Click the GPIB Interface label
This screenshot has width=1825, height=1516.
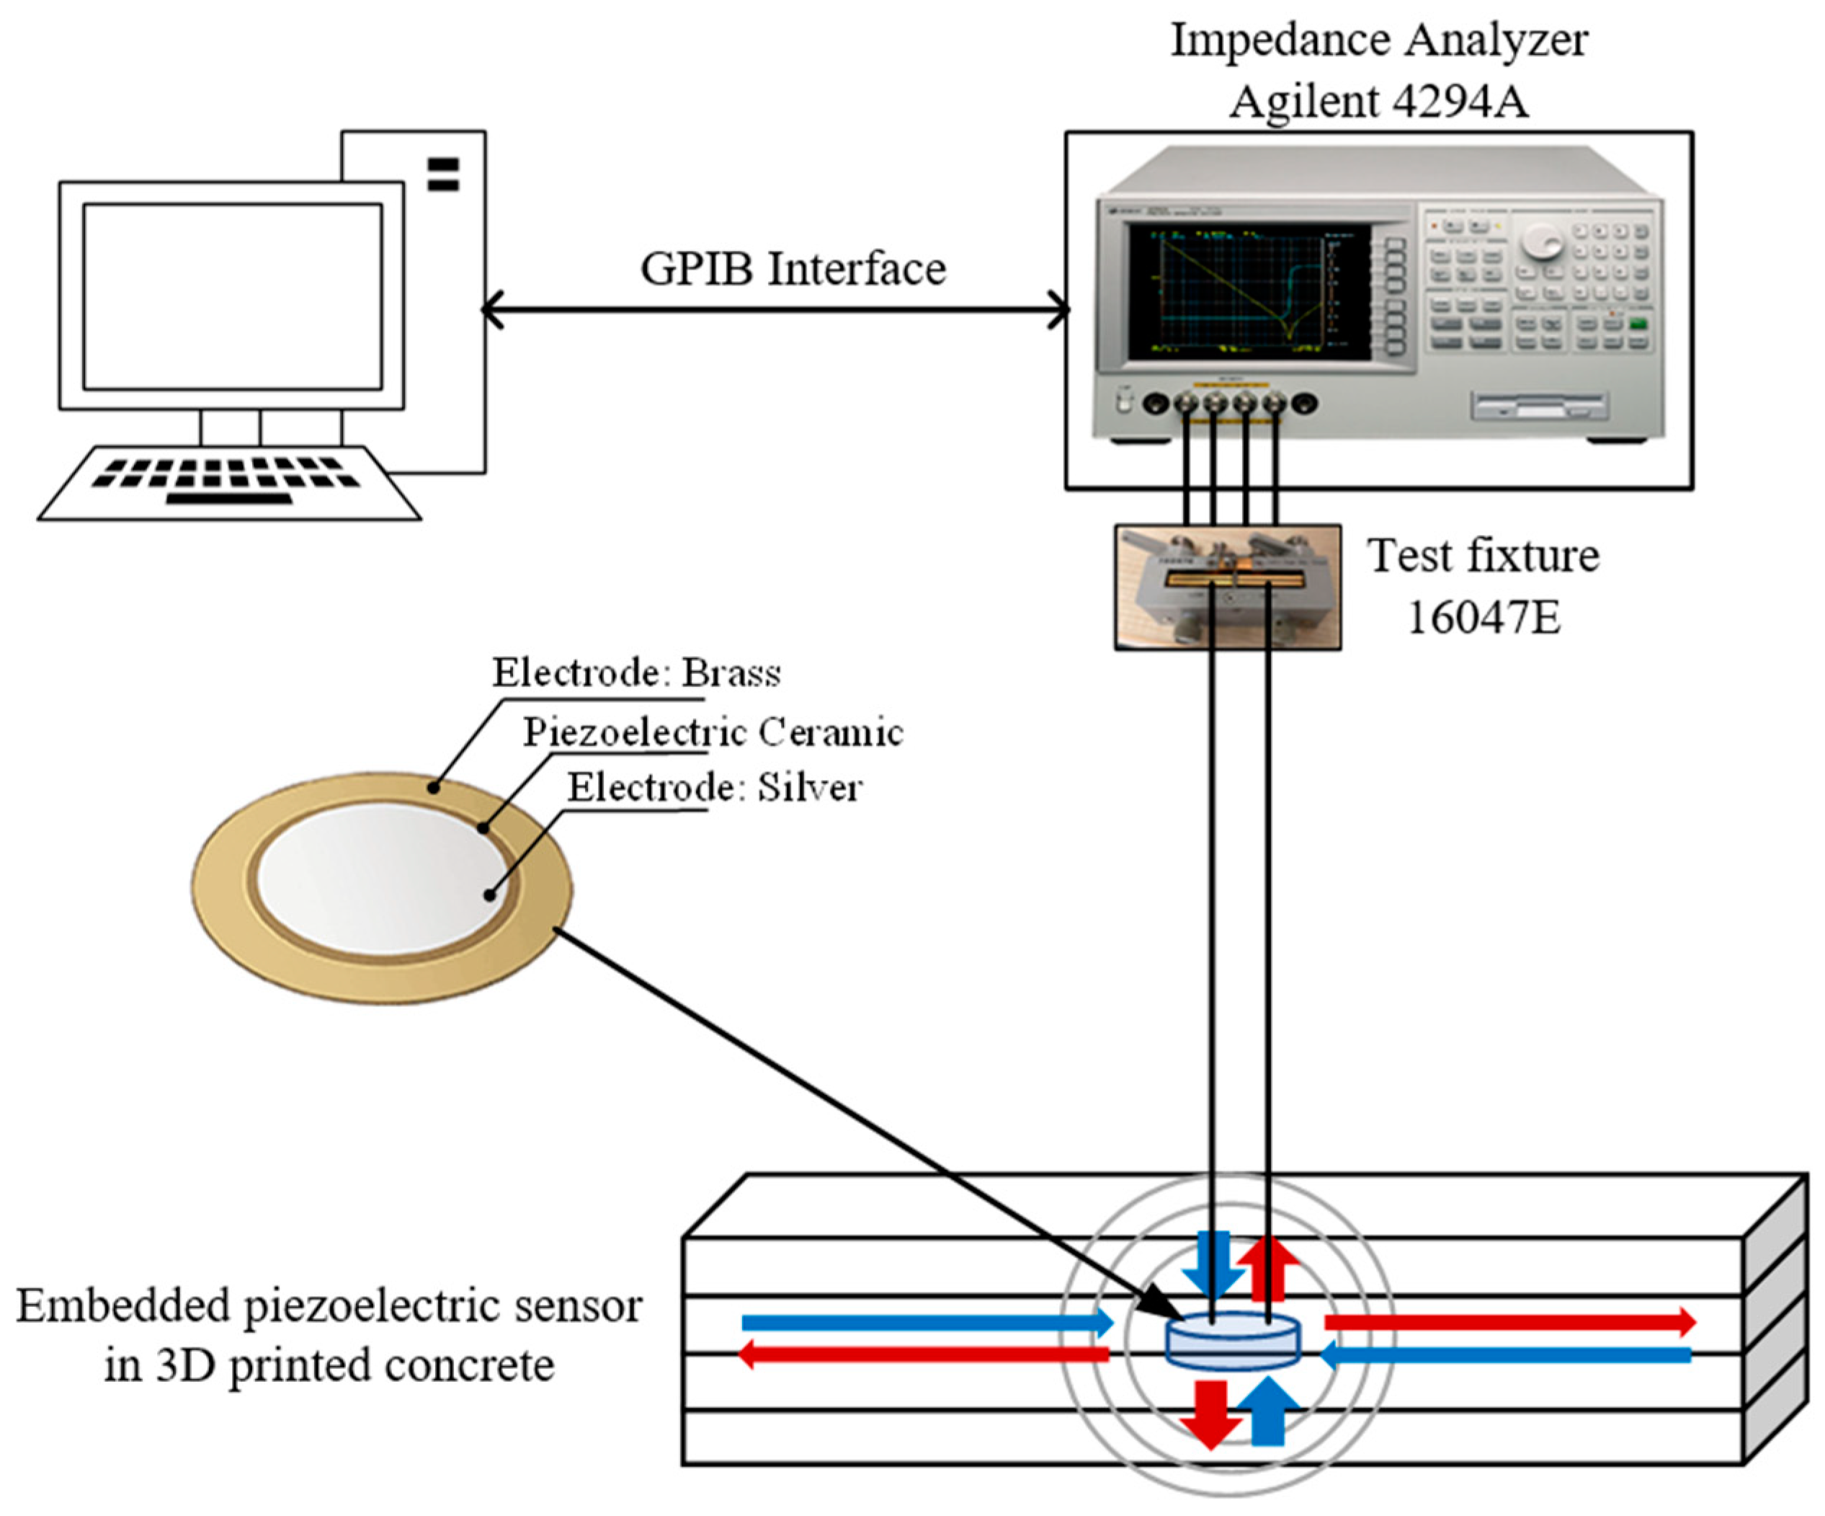(x=793, y=270)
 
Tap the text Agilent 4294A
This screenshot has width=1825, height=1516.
(x=1378, y=102)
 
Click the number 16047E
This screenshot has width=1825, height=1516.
(x=1483, y=617)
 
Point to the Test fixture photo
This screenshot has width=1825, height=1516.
(x=1227, y=587)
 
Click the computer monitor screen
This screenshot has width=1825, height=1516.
(x=232, y=296)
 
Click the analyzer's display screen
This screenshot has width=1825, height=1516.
(x=1249, y=292)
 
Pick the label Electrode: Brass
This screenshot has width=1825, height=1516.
(x=636, y=673)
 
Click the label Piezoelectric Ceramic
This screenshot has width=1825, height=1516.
(x=713, y=733)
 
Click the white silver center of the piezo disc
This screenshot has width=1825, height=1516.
(x=383, y=878)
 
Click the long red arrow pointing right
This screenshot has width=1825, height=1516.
(x=1509, y=1322)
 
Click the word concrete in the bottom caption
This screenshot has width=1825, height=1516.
(x=469, y=1365)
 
